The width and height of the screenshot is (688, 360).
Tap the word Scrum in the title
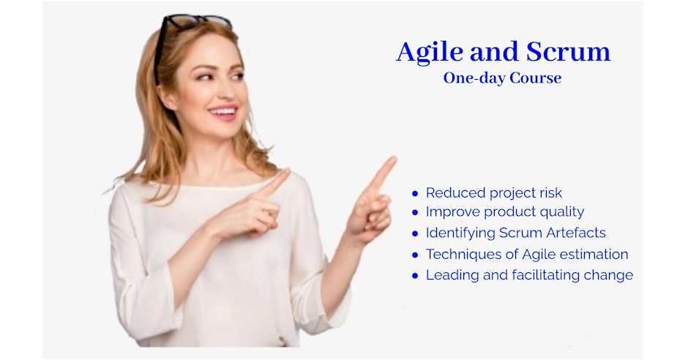click(x=568, y=51)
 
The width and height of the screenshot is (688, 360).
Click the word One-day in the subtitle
click(x=477, y=79)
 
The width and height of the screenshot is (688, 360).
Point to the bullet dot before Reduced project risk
click(x=415, y=193)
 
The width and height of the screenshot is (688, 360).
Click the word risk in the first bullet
click(x=550, y=192)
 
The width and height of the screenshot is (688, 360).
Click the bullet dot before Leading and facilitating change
click(x=415, y=276)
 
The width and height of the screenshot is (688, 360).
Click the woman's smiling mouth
click(x=223, y=112)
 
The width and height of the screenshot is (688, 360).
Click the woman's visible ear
click(x=167, y=97)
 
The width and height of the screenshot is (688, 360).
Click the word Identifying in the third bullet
click(x=460, y=233)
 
